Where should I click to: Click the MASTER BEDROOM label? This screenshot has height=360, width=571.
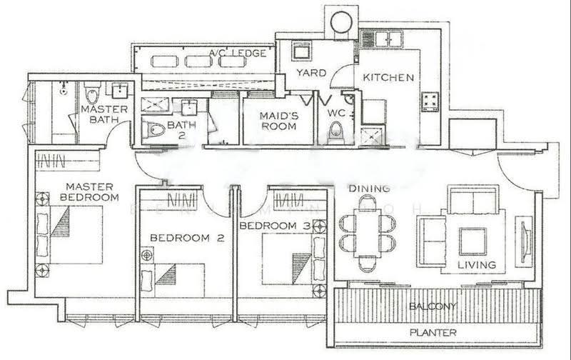(89, 192)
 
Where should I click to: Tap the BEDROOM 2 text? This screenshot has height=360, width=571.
(187, 238)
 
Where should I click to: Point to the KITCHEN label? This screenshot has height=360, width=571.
(388, 77)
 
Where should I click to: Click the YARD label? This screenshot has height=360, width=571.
(311, 73)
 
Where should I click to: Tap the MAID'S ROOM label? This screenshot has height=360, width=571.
(278, 121)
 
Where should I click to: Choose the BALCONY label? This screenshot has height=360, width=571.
(433, 306)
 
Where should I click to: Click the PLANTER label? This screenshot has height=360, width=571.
(433, 332)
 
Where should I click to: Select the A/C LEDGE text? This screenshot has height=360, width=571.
(238, 53)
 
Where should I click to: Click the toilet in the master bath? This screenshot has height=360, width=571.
(92, 93)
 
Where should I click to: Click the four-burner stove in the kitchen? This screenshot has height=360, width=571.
(430, 102)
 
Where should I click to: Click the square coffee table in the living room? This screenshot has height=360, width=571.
(473, 241)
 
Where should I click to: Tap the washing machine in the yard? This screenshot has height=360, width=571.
(302, 51)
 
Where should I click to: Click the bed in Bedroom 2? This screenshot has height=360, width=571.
(173, 280)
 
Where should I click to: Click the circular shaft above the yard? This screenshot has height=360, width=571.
(341, 22)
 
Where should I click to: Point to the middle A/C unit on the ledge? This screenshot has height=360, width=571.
(198, 61)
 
